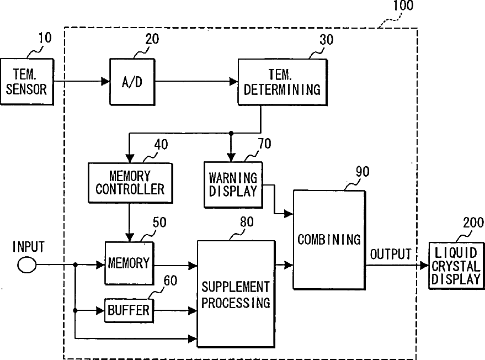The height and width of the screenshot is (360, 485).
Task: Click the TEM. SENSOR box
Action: point(27,82)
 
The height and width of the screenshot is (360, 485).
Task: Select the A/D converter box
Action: point(132,82)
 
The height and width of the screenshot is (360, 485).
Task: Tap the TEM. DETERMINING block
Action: point(283,82)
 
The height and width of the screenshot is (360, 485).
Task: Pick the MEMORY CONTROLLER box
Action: point(130,183)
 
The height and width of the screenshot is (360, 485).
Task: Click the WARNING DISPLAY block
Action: point(233,185)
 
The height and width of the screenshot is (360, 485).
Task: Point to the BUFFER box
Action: point(129,310)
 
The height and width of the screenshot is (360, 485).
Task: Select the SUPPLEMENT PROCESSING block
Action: point(236,294)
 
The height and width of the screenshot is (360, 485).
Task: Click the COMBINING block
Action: point(329,240)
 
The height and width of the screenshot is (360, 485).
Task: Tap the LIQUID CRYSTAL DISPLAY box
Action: point(456,266)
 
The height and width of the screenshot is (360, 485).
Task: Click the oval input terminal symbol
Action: point(27,265)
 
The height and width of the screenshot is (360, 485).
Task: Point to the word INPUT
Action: point(29,247)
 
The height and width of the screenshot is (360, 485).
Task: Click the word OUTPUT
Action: point(391,254)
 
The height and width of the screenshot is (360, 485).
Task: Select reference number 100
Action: point(403,6)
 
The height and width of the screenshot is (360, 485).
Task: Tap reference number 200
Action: point(473,223)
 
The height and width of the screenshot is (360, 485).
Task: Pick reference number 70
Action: point(265,144)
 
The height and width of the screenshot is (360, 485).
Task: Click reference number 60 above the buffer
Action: point(170,280)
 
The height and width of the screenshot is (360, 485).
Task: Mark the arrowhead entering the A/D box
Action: point(106,81)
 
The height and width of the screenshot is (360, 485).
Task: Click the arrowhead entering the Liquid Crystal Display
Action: point(424,265)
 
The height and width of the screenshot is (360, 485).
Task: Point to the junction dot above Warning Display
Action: point(231,133)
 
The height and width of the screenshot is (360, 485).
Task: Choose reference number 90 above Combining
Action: point(363,172)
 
